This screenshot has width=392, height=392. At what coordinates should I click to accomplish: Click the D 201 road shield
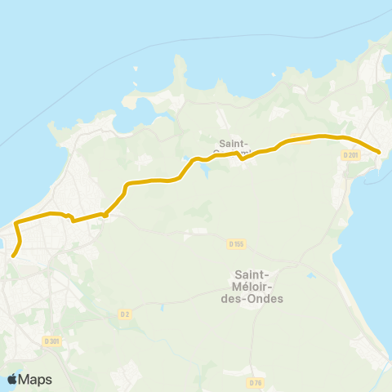pyautogui.click(x=350, y=154)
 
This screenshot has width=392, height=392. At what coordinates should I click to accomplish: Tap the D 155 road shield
pyautogui.click(x=236, y=243)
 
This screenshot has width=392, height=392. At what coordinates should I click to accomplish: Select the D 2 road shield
pyautogui.click(x=125, y=314)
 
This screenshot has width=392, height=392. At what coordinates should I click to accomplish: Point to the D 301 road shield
pyautogui.click(x=52, y=341)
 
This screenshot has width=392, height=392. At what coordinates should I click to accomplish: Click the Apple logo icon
pyautogui.click(x=12, y=380)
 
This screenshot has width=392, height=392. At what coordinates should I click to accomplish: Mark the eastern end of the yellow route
pyautogui.click(x=380, y=151)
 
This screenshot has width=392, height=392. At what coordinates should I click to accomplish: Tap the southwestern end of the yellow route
pyautogui.click(x=13, y=255)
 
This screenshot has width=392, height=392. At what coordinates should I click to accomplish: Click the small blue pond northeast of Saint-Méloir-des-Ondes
pyautogui.click(x=311, y=276)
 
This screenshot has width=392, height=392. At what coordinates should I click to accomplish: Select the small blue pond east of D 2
pyautogui.click(x=161, y=308)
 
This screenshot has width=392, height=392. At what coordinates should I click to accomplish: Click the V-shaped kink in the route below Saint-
pyautogui.click(x=243, y=158)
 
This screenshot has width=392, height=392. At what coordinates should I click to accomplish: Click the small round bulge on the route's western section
pyautogui.click(x=105, y=215)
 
